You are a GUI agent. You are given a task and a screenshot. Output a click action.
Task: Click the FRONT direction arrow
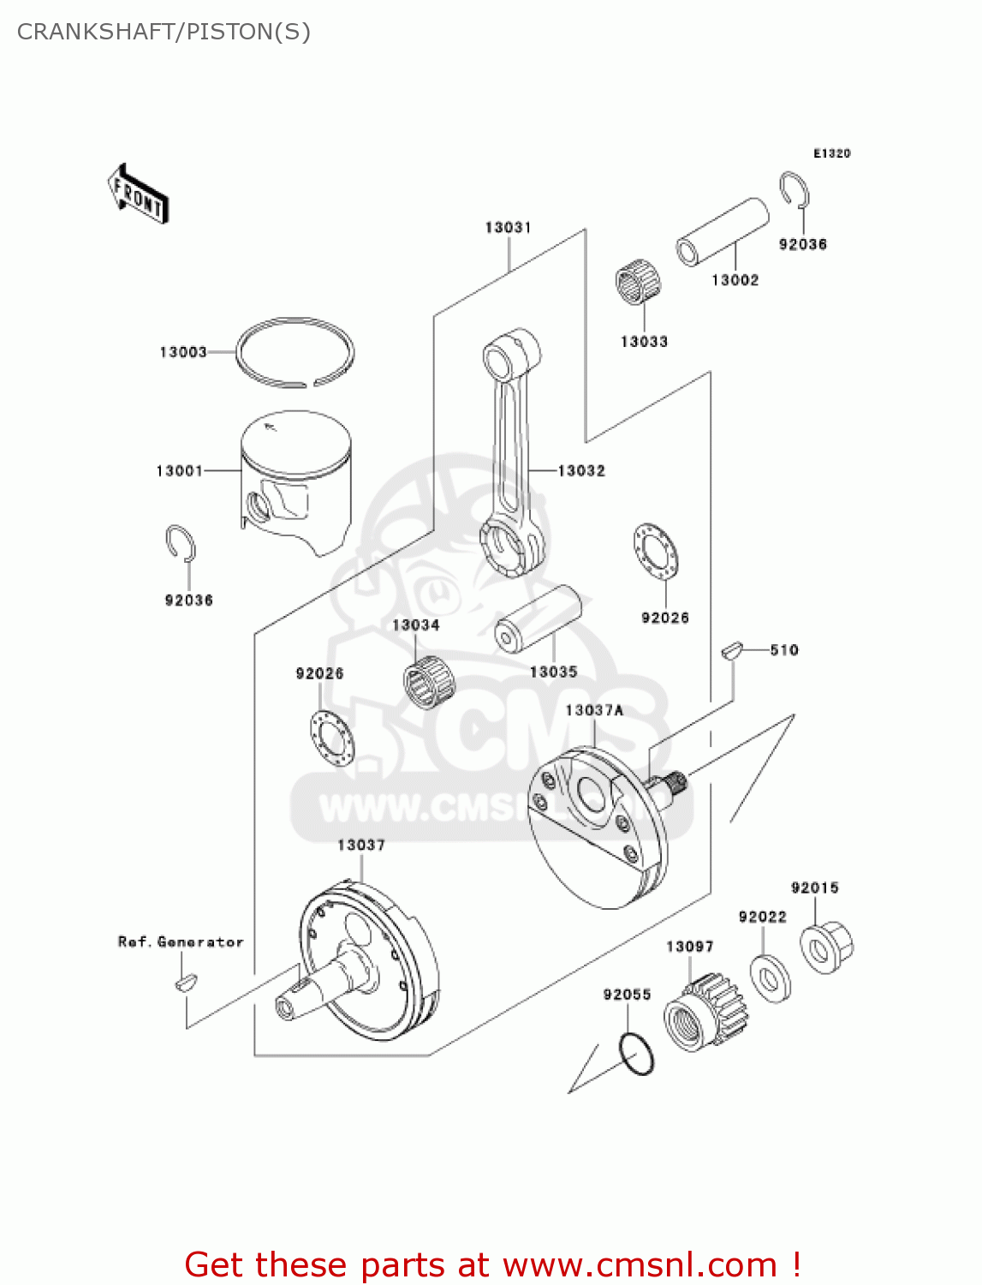[x=138, y=194]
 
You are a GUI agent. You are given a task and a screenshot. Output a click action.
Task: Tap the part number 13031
[x=508, y=227]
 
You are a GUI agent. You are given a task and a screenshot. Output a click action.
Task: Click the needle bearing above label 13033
[x=639, y=284]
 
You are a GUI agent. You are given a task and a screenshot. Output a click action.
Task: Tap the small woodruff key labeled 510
[x=730, y=650]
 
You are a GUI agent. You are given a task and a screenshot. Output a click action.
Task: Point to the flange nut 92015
[x=826, y=946]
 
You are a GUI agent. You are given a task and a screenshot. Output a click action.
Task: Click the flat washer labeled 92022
[x=770, y=977]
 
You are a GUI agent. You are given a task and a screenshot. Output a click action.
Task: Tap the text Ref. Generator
[x=181, y=941]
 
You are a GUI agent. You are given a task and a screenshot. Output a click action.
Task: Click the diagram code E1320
[x=831, y=153]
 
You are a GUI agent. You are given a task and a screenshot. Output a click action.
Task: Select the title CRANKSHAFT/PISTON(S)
[x=164, y=32]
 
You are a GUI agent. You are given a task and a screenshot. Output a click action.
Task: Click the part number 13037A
[x=594, y=710]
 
